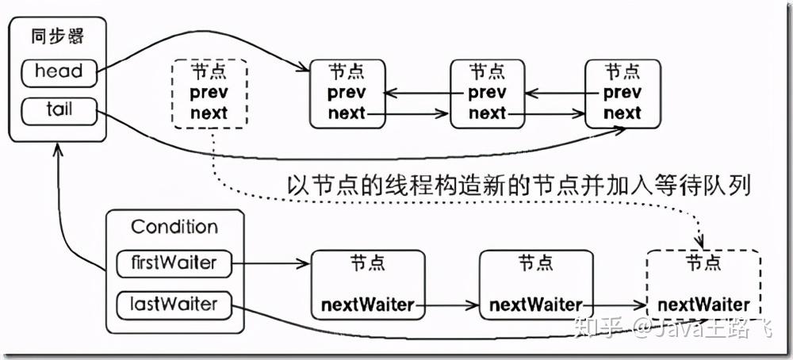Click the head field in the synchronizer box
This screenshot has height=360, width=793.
[58, 72]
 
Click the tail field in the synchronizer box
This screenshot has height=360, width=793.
[58, 110]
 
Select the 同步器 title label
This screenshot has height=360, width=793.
[58, 36]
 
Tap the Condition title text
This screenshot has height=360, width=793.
[174, 227]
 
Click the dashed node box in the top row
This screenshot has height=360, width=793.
[209, 93]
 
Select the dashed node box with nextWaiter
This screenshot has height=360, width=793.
[703, 284]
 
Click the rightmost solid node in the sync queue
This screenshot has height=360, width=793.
[623, 93]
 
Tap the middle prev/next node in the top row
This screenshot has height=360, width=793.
[487, 93]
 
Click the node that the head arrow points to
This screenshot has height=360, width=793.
[347, 93]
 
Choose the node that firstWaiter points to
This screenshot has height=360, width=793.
[367, 284]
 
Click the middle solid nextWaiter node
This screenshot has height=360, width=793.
[535, 284]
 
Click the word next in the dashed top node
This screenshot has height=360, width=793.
[209, 113]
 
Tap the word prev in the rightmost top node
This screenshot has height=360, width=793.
[623, 93]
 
